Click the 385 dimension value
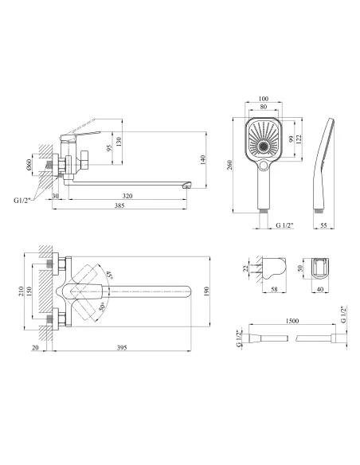coord(119,205)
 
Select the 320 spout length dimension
coord(127,196)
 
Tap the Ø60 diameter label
coord(29,165)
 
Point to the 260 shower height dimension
coord(229,165)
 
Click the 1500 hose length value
coord(292,321)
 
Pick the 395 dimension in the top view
coord(122,348)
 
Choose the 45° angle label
coord(110,275)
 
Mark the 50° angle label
coord(102,307)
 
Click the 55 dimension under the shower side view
coord(323,225)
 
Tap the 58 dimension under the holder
coord(274,289)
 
